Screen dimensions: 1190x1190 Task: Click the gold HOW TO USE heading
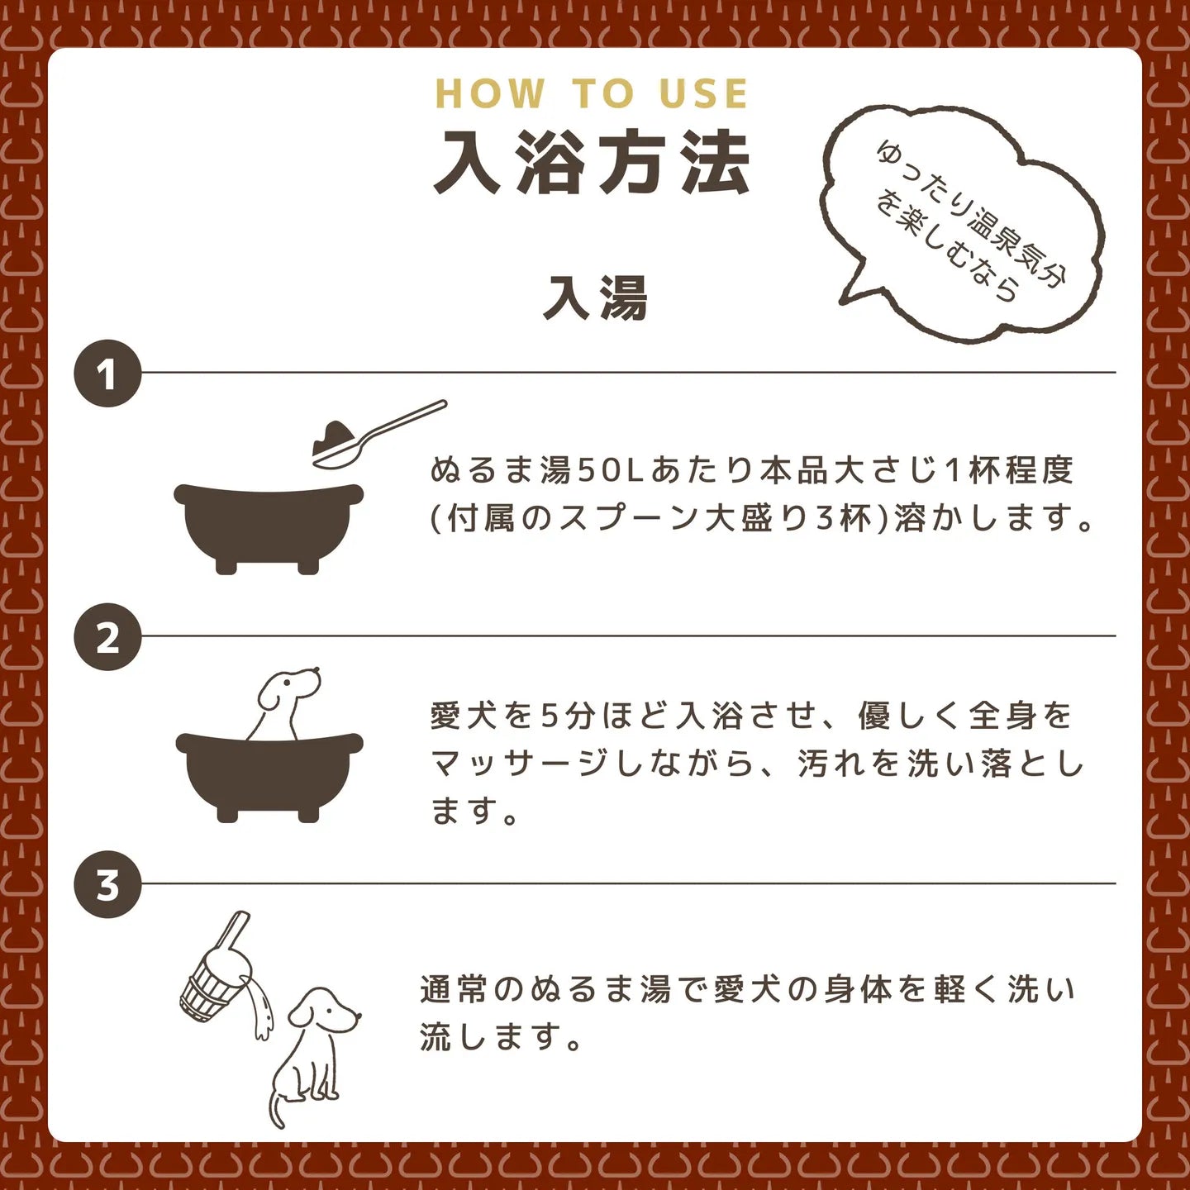pyautogui.click(x=592, y=93)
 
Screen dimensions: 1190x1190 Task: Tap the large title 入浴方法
pyautogui.click(x=592, y=163)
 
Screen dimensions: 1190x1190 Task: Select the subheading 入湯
pyautogui.click(x=595, y=297)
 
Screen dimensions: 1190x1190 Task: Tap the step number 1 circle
pyautogui.click(x=107, y=374)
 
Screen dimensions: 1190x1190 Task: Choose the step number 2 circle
pyautogui.click(x=107, y=637)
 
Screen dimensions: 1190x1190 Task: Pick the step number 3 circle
pyautogui.click(x=107, y=884)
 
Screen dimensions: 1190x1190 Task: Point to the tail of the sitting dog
pyautogui.click(x=275, y=1107)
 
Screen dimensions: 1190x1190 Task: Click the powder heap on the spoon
pyautogui.click(x=332, y=436)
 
